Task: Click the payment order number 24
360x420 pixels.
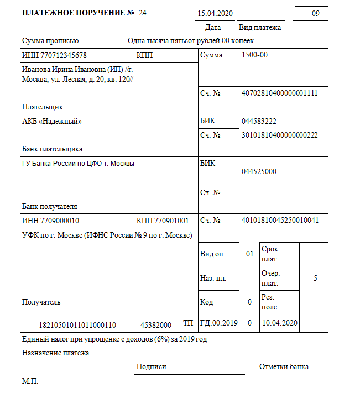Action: (x=143, y=13)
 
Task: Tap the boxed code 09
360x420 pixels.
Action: (x=316, y=13)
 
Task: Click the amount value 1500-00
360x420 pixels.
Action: (x=255, y=55)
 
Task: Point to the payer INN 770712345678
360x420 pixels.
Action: (x=54, y=55)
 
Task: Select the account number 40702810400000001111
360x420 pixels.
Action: (x=280, y=93)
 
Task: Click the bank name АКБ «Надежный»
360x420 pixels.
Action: (x=52, y=121)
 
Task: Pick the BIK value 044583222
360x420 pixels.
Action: (x=259, y=121)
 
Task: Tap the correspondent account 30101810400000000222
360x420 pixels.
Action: (x=280, y=134)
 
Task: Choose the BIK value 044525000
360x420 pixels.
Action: (x=259, y=171)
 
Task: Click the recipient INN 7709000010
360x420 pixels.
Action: (x=50, y=221)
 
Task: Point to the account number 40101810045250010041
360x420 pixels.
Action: (x=280, y=220)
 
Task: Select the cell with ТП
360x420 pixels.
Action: (x=188, y=323)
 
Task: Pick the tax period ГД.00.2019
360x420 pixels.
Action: (x=219, y=323)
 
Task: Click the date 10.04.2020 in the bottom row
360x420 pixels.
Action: (x=280, y=323)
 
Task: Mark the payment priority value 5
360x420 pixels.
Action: (x=315, y=278)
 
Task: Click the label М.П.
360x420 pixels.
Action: (x=30, y=381)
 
